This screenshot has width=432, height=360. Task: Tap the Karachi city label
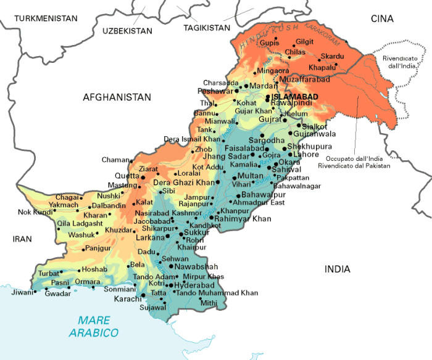pos(128,298)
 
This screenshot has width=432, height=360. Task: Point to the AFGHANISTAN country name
pos(117,97)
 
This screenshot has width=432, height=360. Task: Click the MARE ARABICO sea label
pos(94,326)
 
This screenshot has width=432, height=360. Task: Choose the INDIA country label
pos(337,269)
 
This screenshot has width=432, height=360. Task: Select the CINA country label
pos(381,19)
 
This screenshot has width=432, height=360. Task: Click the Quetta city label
pos(127,176)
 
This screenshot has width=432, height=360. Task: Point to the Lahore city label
pos(305,154)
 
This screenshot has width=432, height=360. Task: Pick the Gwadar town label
pos(58,293)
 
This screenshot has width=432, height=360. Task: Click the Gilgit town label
pos(304,41)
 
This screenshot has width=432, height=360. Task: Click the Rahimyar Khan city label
pos(244,218)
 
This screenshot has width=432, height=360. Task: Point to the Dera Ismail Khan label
pos(192,139)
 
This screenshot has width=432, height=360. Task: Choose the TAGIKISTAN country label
pos(207,28)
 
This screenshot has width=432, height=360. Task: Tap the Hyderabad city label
pos(194,285)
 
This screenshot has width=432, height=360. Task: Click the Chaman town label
pos(116,160)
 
